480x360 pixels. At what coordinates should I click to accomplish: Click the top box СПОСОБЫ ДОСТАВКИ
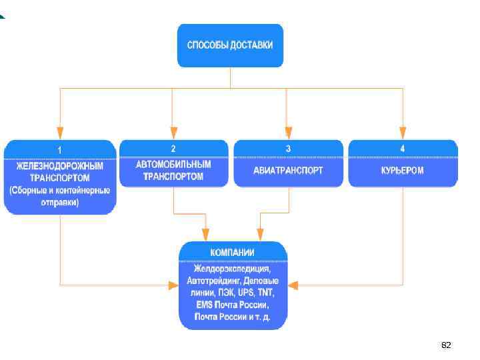coord(230,45)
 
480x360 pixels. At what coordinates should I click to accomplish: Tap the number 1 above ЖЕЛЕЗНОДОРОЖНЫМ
coord(60,149)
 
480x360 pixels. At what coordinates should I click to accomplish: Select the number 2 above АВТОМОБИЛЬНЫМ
coord(173,149)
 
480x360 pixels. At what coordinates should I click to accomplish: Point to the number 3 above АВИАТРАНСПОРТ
coord(288,149)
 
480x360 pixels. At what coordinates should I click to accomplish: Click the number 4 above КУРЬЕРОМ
coord(402,149)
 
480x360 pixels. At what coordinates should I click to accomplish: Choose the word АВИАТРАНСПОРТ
coord(288,170)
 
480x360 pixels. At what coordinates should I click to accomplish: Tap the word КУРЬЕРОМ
coord(403,170)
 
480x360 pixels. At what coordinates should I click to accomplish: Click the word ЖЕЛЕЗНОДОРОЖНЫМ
coord(59,167)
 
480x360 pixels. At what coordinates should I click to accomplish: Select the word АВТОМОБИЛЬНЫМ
coord(173,164)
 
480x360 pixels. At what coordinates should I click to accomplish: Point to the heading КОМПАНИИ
coord(233,253)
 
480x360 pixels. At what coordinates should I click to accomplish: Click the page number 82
coord(446,345)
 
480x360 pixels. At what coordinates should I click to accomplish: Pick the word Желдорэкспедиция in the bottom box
coord(233,269)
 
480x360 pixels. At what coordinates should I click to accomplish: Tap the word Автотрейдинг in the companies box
coord(212,281)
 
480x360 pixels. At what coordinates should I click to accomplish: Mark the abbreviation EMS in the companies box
coord(204,305)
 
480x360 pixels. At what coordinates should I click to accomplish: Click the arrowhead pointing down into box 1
coord(60,133)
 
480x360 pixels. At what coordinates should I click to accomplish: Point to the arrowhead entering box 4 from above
coord(402,133)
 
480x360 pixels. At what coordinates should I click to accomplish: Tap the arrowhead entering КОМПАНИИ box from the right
coord(294,285)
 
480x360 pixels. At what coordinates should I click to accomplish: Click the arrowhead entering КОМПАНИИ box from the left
coord(173,285)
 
